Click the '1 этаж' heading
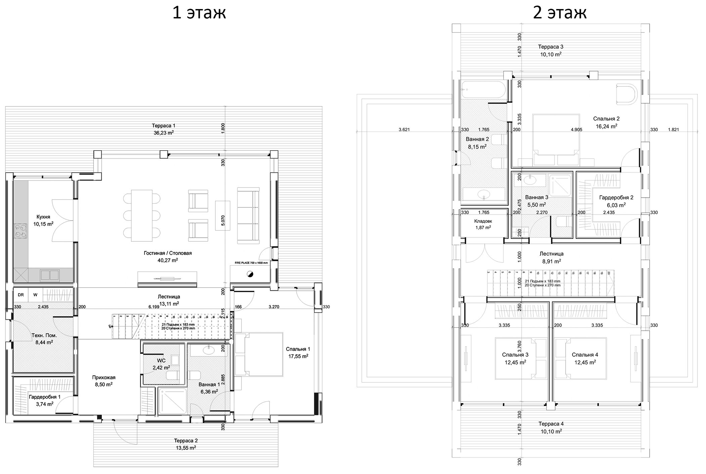tap(199, 13)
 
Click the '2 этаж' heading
tap(560, 13)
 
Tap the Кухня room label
tap(43, 217)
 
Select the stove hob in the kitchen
tap(21, 231)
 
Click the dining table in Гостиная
tap(141, 215)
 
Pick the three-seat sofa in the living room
tap(248, 215)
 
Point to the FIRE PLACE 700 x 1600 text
tap(251, 263)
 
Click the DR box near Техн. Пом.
tap(21, 295)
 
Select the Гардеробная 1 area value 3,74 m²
tap(45, 404)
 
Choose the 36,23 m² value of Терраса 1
tap(164, 133)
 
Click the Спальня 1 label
tap(298, 349)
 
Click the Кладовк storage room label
tap(483, 221)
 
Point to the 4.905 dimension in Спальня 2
tap(576, 129)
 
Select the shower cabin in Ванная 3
tap(560, 185)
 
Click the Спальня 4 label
tap(585, 355)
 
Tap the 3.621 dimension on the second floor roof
tap(404, 129)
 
